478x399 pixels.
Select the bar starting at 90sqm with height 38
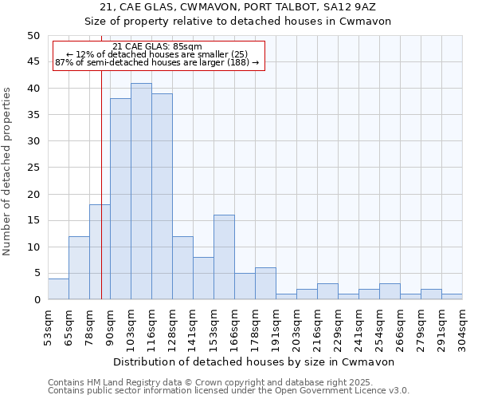[120, 199]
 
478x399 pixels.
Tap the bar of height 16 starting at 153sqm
[224, 257]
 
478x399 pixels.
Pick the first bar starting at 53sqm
[58, 289]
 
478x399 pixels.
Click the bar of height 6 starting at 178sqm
[265, 283]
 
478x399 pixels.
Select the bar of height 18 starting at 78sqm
[100, 252]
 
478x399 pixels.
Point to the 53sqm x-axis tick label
[49, 327]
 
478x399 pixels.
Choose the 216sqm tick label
[318, 327]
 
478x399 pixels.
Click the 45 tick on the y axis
[33, 61]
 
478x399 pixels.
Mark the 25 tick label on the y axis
[33, 168]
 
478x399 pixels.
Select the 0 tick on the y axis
[37, 300]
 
